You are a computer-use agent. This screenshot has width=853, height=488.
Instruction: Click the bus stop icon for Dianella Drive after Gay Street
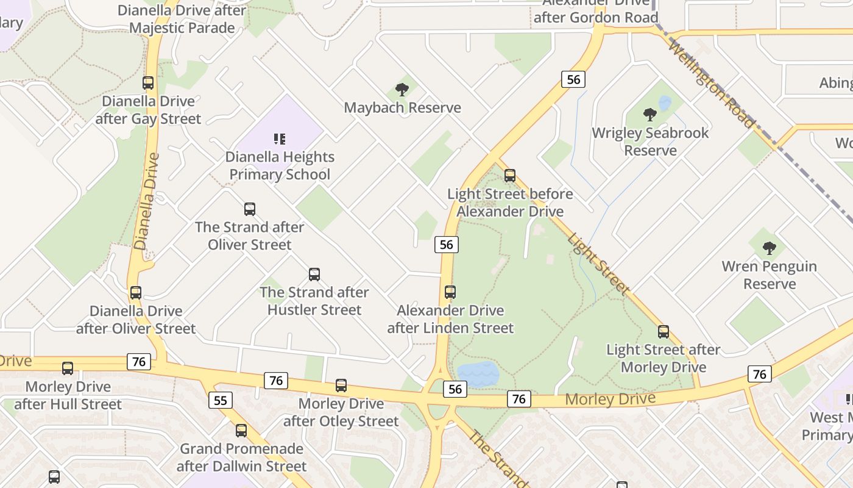pos(148,83)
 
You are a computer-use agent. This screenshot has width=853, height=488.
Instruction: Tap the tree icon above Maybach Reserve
pos(402,90)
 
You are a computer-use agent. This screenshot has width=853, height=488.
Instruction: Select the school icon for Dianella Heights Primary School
pos(280,139)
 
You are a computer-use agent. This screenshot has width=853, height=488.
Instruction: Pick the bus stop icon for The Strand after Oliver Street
pos(250,209)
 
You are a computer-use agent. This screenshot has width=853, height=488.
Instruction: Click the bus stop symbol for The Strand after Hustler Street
pos(314,274)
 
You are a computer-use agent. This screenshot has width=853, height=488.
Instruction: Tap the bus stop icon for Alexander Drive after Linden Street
pos(450,292)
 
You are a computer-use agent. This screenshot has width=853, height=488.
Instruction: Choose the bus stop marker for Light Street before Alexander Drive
pos(510,176)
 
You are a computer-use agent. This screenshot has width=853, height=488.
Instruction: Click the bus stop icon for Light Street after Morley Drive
pos(664,332)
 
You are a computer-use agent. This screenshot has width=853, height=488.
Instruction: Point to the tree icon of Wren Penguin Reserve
pos(770,248)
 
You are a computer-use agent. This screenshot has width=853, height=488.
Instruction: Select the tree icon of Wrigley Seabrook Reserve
pos(650,114)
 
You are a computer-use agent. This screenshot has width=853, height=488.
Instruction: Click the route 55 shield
pos(220,400)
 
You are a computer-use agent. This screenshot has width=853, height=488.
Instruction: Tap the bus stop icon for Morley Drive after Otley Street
pos(341,386)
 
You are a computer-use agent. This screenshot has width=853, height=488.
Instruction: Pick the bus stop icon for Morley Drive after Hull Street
pos(68,368)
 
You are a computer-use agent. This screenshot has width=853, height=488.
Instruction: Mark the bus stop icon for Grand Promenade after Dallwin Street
pos(241,431)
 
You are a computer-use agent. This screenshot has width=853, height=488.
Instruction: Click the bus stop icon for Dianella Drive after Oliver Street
pos(136,293)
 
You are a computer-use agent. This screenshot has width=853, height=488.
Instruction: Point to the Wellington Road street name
pos(711,84)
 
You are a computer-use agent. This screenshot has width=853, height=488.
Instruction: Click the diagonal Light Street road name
pos(598,264)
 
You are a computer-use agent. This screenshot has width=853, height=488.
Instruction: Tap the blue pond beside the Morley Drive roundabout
pos(478,373)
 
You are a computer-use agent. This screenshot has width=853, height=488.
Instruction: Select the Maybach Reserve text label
pos(403,108)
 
